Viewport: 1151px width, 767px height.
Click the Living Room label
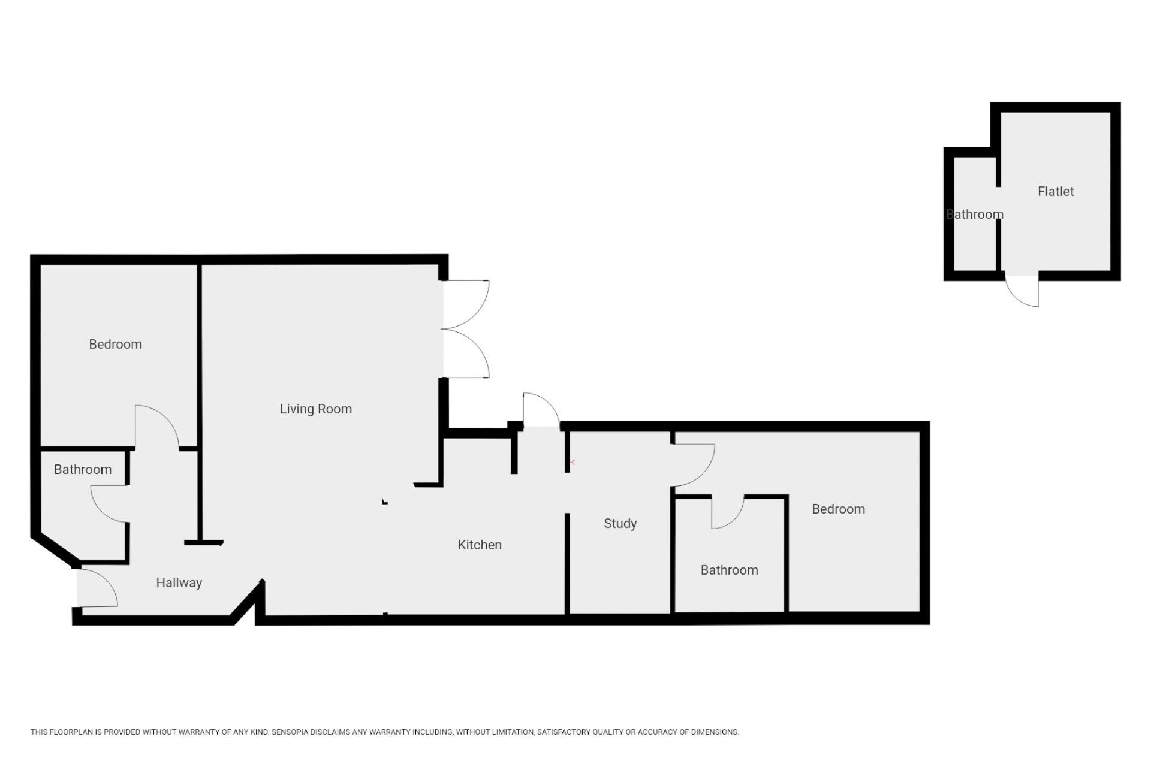(x=316, y=409)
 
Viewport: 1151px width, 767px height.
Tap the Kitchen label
(x=480, y=545)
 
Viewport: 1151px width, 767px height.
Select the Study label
(x=620, y=524)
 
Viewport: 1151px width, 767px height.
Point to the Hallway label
(x=179, y=583)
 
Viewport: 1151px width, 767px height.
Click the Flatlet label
(x=1056, y=192)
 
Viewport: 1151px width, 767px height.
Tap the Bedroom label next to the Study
(x=838, y=509)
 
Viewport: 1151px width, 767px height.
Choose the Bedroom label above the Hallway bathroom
(x=115, y=345)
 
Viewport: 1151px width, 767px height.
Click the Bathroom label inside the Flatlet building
(x=975, y=215)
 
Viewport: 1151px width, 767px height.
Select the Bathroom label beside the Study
(x=729, y=570)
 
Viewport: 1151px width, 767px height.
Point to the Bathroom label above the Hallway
(x=83, y=470)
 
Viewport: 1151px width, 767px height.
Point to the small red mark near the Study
(x=573, y=463)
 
